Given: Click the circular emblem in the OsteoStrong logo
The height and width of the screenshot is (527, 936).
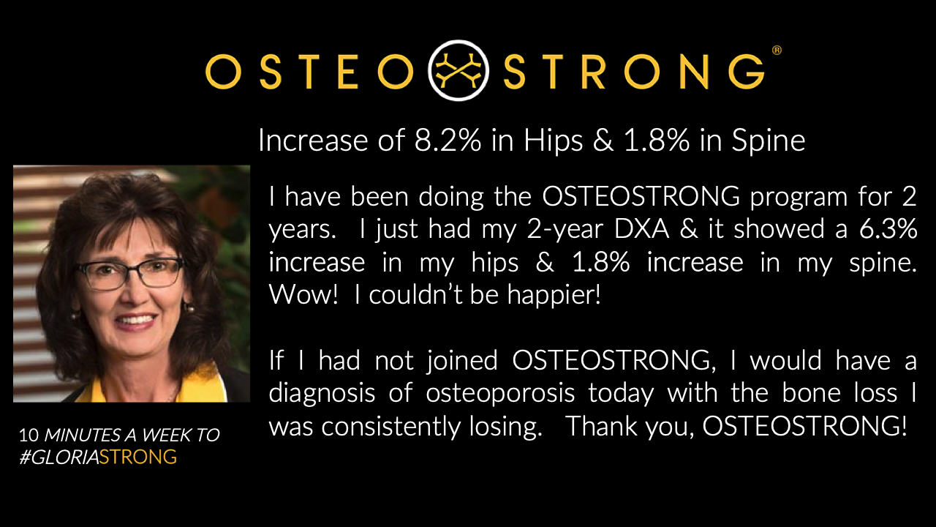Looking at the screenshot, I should coord(458,71).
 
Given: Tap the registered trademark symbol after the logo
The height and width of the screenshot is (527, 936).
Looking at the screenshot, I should coord(777,51).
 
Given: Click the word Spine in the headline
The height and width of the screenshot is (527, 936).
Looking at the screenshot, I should coord(770,141).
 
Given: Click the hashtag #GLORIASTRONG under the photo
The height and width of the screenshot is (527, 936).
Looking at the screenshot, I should coord(98,457).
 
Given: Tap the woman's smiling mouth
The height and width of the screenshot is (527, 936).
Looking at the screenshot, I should coord(136,320).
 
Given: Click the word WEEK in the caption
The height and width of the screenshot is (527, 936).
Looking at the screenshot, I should coord(167,435).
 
